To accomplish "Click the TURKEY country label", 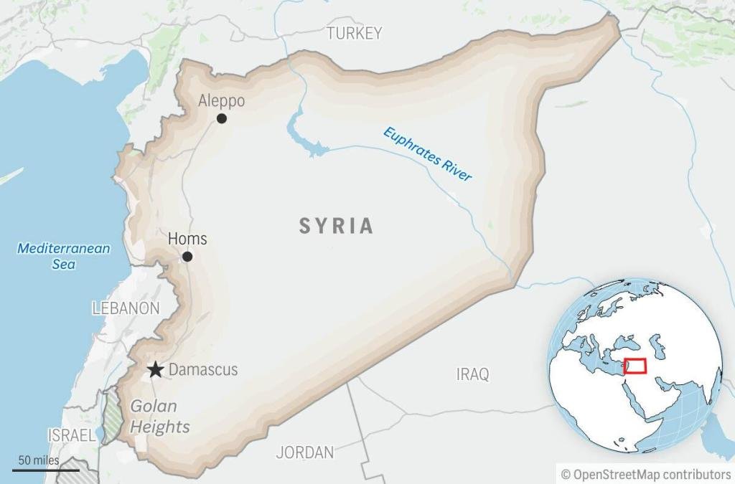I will pyautogui.click(x=354, y=33).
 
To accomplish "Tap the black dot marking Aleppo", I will pyautogui.click(x=222, y=118).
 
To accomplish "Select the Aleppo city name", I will pyautogui.click(x=221, y=100).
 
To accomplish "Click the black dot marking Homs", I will pyautogui.click(x=187, y=257).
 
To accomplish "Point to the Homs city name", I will pyautogui.click(x=187, y=239).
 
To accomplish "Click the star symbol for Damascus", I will pyautogui.click(x=155, y=370).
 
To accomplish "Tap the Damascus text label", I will pyautogui.click(x=203, y=370).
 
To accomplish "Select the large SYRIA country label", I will pyautogui.click(x=337, y=227).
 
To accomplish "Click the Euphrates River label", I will pyautogui.click(x=428, y=154).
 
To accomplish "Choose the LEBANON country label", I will pyautogui.click(x=126, y=308).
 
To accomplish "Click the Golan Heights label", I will pyautogui.click(x=159, y=417).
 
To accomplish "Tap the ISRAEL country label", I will pyautogui.click(x=71, y=435).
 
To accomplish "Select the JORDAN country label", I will pyautogui.click(x=305, y=452).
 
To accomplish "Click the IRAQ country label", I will pyautogui.click(x=472, y=374).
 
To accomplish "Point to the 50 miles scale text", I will pyautogui.click(x=39, y=460).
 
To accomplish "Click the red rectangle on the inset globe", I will pyautogui.click(x=635, y=366).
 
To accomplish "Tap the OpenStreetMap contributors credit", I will pyautogui.click(x=645, y=474).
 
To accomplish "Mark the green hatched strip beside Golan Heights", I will pyautogui.click(x=111, y=416).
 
